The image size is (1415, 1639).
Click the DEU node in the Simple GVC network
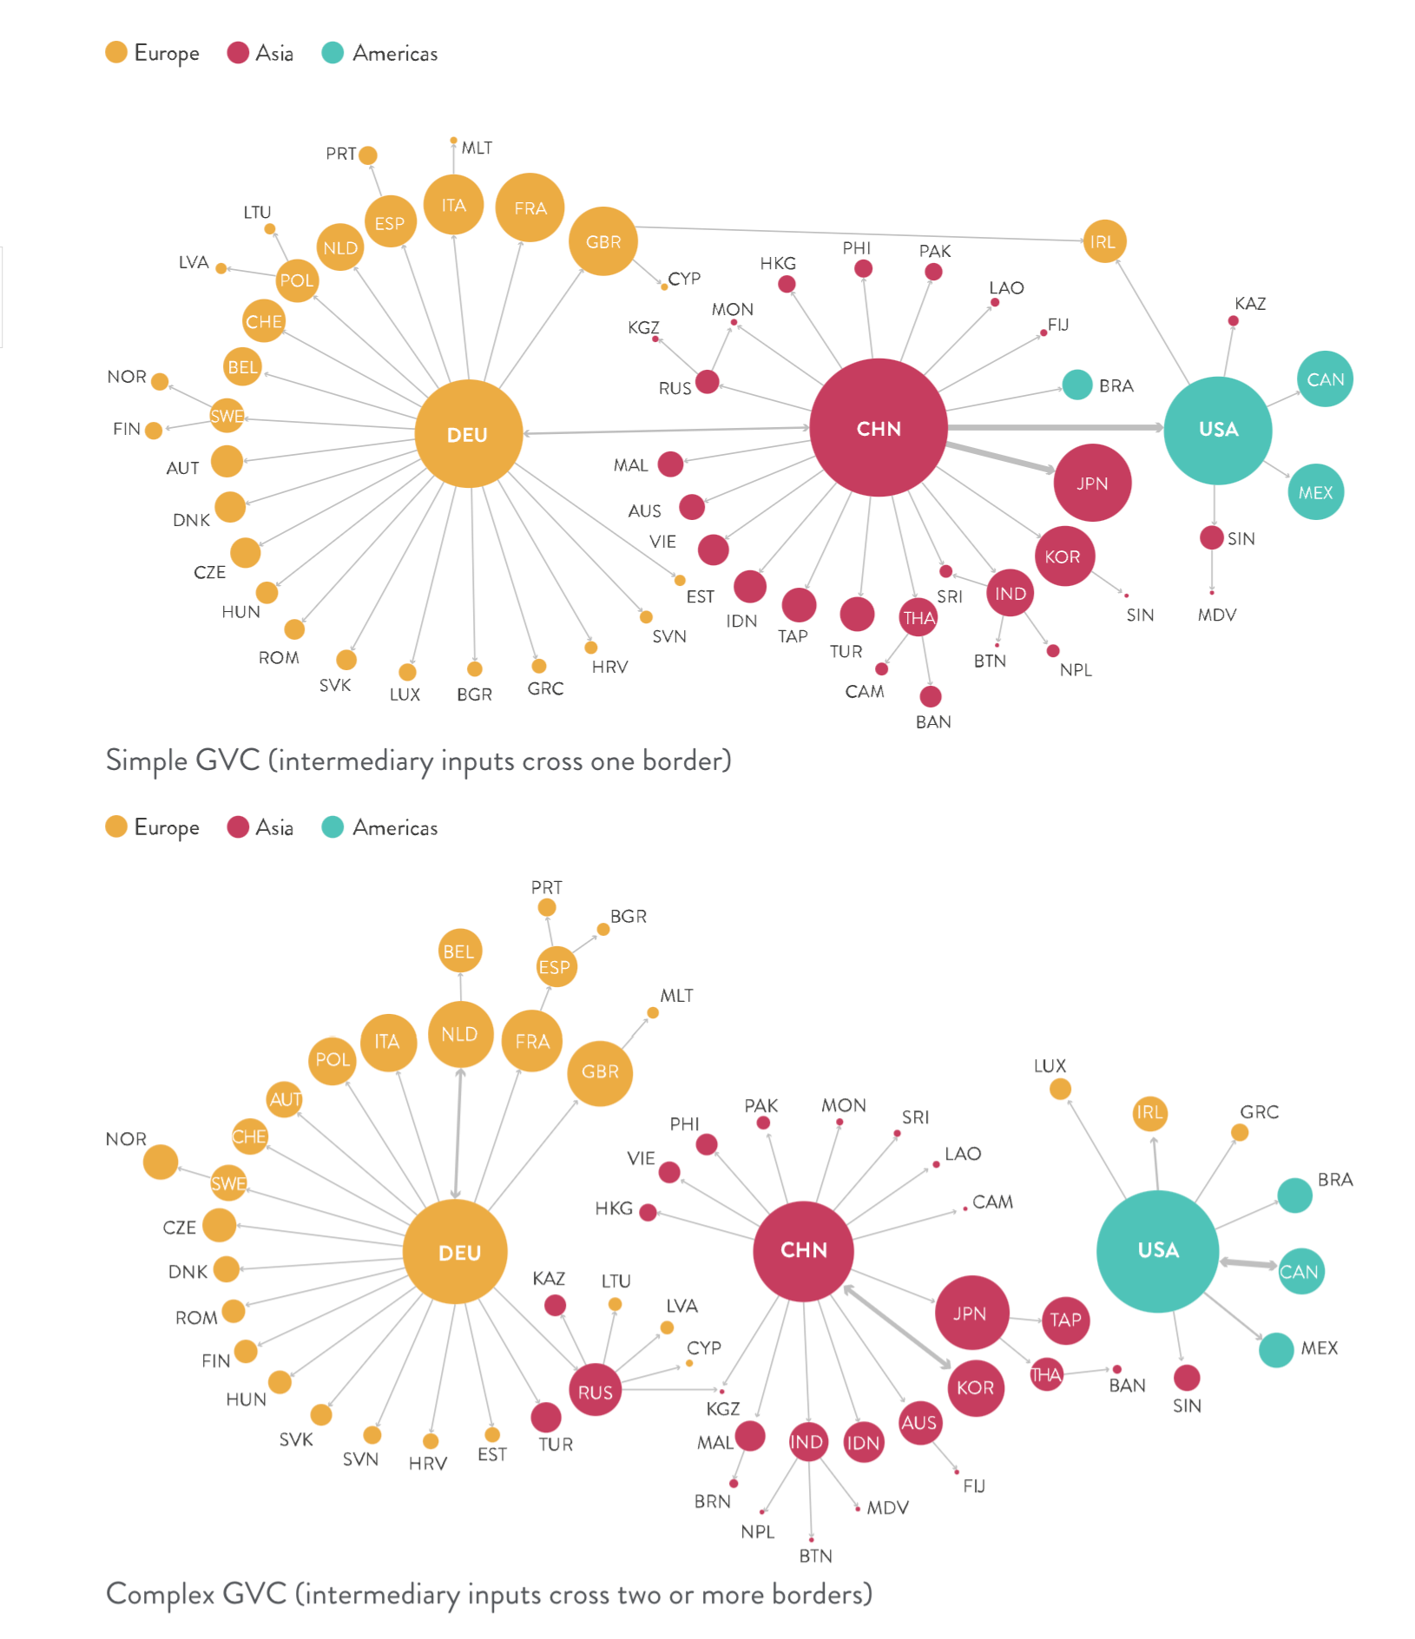click(x=468, y=433)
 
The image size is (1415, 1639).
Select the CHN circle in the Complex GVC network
click(x=803, y=1250)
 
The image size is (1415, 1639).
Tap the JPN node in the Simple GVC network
click(x=1091, y=483)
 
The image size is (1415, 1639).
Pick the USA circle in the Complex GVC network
click(x=1157, y=1250)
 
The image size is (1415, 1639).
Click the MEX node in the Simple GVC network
click(x=1315, y=492)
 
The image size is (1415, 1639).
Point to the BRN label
click(x=712, y=1501)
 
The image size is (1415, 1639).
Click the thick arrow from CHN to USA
click(x=1055, y=427)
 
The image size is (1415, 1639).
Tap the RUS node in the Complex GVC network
click(x=595, y=1392)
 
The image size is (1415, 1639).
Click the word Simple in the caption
click(x=146, y=760)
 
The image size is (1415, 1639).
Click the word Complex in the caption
click(x=160, y=1594)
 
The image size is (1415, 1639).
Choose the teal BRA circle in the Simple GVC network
click(x=1076, y=385)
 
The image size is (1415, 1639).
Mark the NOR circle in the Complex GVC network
click(x=161, y=1162)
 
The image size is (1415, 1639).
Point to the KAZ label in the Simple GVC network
click(x=1250, y=303)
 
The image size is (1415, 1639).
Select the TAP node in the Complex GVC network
click(x=1065, y=1320)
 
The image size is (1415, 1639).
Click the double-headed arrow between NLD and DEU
click(x=457, y=1133)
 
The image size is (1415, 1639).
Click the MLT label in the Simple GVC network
click(x=477, y=148)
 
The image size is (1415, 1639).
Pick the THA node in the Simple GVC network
click(x=918, y=618)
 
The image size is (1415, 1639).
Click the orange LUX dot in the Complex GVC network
click(x=1060, y=1089)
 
